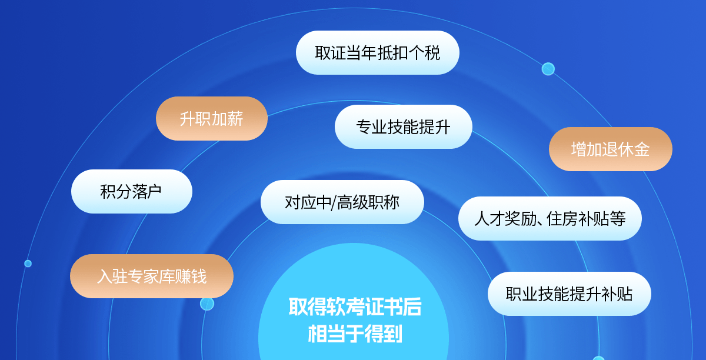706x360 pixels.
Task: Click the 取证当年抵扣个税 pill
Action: click(x=378, y=52)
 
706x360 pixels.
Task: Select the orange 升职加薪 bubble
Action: click(x=212, y=118)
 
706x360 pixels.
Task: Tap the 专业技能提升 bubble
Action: click(x=404, y=126)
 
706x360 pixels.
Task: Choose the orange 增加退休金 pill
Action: click(x=611, y=149)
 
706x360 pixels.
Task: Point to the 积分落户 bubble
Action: click(x=132, y=191)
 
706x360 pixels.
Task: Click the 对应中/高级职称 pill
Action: click(x=342, y=202)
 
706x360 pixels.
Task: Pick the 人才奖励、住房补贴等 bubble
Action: click(x=550, y=218)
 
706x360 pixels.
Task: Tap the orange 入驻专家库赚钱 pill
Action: click(x=152, y=276)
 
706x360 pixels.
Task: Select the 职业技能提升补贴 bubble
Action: click(x=570, y=294)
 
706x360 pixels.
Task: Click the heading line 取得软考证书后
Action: click(x=355, y=306)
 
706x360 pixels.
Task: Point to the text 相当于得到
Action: click(x=355, y=334)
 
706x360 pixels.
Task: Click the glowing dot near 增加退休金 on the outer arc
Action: click(x=548, y=69)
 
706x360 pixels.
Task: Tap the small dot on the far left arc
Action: click(x=28, y=264)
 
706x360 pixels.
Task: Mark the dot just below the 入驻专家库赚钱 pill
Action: click(x=207, y=304)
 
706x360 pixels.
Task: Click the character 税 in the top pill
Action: click(x=432, y=52)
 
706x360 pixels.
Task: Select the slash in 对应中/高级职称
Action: click(x=334, y=203)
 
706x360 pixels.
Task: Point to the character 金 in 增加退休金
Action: click(x=642, y=149)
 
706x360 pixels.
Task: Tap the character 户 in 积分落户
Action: click(x=154, y=191)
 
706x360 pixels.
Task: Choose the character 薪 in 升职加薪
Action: click(x=235, y=119)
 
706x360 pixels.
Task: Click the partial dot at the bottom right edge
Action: click(x=598, y=358)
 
